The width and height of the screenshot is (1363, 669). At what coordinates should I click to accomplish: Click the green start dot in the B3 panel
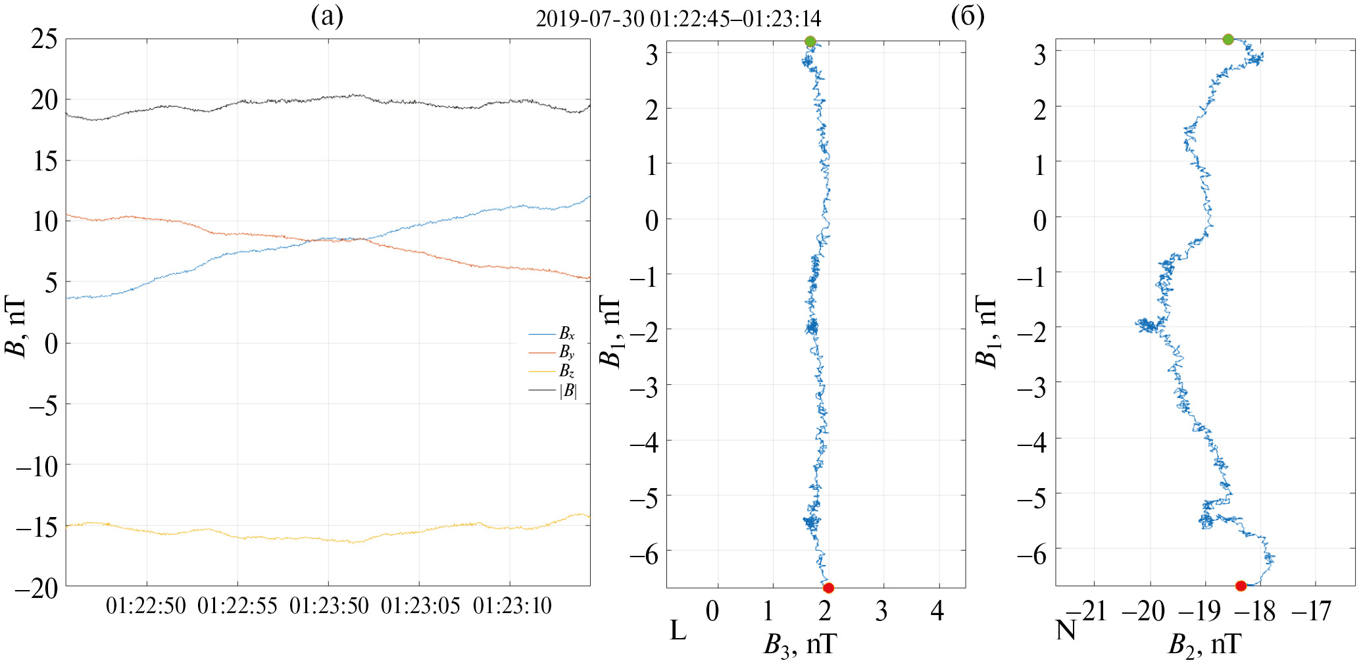tap(810, 41)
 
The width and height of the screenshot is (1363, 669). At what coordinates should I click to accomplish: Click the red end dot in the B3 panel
tap(828, 587)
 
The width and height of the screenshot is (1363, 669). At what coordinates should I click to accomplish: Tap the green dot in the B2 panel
tap(1227, 39)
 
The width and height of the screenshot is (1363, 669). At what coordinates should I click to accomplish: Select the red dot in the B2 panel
tap(1241, 585)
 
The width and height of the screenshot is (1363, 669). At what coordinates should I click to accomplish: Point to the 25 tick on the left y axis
tap(45, 39)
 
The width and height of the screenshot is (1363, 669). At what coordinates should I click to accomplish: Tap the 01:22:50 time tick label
tap(146, 606)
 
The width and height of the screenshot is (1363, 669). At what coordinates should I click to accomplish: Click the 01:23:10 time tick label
tap(512, 606)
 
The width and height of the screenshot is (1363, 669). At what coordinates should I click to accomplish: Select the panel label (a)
tap(327, 16)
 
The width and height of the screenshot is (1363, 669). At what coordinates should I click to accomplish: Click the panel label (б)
tap(968, 16)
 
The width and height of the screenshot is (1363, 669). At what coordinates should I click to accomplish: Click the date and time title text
tap(678, 19)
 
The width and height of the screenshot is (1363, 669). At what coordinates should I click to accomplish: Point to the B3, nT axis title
tap(800, 644)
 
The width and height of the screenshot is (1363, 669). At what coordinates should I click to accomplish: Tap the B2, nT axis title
tap(1204, 644)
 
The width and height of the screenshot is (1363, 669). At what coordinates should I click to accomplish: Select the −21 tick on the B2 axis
tap(1090, 612)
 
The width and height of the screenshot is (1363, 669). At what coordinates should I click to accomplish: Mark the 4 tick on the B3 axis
tap(937, 612)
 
